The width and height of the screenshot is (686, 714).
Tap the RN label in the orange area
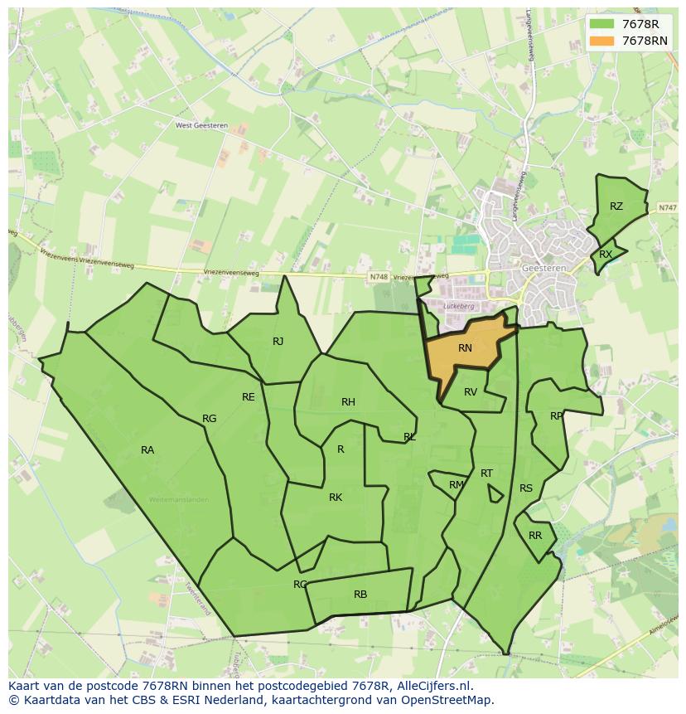(465, 348)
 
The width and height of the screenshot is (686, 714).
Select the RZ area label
(616, 206)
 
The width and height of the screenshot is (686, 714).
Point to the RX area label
(606, 255)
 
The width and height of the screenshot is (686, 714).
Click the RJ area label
(278, 342)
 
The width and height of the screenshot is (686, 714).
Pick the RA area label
(147, 450)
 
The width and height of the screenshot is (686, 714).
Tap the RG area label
(210, 419)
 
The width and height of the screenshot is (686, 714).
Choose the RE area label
(249, 397)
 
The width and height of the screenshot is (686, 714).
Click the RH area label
(348, 402)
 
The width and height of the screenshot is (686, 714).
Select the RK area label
(336, 498)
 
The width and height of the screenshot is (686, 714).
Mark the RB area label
(360, 595)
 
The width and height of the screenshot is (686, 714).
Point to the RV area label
(471, 392)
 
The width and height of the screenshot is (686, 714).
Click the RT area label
(486, 474)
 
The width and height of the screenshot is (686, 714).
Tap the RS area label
(526, 488)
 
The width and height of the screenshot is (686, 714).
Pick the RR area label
(535, 536)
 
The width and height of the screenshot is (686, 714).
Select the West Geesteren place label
(201, 126)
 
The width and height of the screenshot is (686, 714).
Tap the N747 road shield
(668, 207)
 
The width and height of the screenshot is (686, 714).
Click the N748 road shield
(379, 277)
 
